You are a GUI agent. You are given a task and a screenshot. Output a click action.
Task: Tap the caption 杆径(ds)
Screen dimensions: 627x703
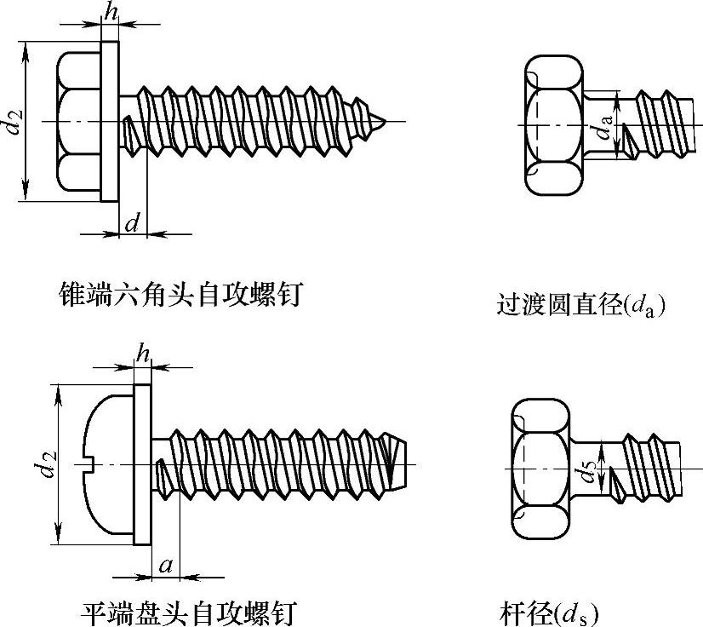(x=549, y=613)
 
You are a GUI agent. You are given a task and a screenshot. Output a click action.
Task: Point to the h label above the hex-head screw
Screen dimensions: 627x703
(x=109, y=12)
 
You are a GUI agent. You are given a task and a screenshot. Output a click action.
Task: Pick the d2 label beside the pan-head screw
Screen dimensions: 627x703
(x=45, y=464)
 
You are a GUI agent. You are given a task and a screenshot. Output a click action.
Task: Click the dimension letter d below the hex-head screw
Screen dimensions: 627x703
(x=132, y=224)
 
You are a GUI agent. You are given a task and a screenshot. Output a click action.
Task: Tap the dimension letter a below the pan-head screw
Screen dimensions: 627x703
(x=166, y=566)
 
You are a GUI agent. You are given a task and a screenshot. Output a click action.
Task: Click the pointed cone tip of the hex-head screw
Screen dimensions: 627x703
(x=382, y=120)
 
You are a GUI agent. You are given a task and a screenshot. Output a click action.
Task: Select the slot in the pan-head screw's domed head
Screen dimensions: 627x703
(x=95, y=463)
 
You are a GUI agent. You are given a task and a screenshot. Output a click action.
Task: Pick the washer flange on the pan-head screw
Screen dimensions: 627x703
(x=143, y=464)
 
